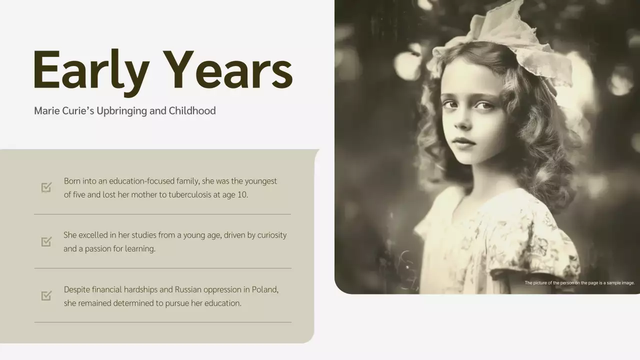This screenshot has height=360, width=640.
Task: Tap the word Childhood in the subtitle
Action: point(192,110)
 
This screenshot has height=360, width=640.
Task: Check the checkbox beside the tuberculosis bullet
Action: point(46,187)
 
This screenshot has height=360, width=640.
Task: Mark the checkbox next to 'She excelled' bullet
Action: point(46,241)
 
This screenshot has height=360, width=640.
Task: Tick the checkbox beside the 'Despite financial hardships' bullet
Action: point(46,295)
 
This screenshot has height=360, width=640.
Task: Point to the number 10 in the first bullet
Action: point(242,194)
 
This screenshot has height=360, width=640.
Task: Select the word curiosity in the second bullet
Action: point(272,235)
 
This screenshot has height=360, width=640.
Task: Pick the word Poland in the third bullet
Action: point(265,289)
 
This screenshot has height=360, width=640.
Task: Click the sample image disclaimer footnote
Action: point(579,283)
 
